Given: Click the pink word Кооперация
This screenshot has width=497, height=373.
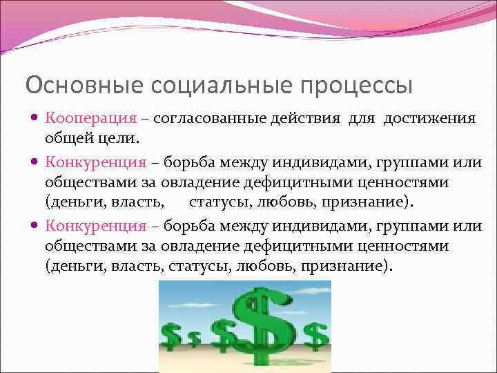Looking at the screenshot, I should (x=95, y=118).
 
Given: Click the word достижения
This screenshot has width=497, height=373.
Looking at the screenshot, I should (x=430, y=118).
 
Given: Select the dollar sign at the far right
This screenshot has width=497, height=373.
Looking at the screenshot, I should (x=315, y=336).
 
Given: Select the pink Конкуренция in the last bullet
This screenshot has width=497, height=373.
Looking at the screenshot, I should (x=96, y=226).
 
